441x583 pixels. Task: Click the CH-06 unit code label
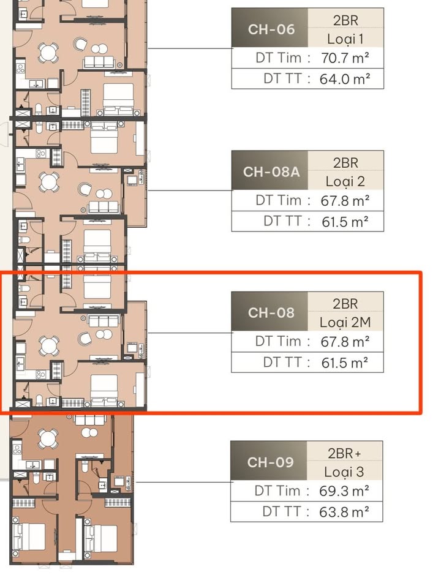[x=271, y=29]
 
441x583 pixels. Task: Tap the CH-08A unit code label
[x=271, y=171]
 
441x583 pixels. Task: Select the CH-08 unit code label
[x=271, y=312]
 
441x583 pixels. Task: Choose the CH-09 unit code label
[x=271, y=462]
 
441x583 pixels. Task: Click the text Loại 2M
[x=345, y=322]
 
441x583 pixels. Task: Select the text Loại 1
[x=345, y=39]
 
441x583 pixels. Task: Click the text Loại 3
[x=345, y=472]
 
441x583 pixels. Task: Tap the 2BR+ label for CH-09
[x=345, y=453]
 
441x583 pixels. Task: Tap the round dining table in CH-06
[x=48, y=53]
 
